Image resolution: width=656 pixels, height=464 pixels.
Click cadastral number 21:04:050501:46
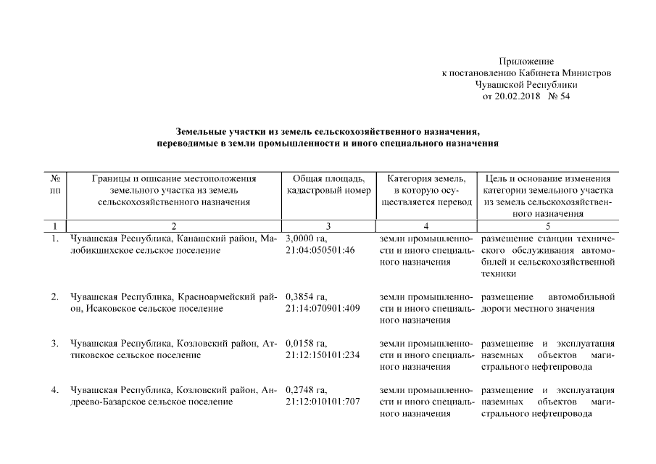(x=320, y=250)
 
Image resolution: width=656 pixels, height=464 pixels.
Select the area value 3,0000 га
(x=307, y=239)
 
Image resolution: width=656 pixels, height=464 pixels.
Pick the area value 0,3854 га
(x=307, y=297)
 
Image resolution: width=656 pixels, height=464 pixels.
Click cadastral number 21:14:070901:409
(x=323, y=309)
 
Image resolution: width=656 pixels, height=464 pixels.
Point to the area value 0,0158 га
(x=307, y=343)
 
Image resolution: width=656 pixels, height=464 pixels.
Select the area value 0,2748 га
(x=307, y=390)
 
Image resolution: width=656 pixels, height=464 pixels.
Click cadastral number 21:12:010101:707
(x=323, y=402)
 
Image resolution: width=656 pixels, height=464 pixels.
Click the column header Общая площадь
(x=324, y=178)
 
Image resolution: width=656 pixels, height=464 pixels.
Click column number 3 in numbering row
(x=328, y=226)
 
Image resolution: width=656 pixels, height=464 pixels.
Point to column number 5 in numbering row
(x=547, y=226)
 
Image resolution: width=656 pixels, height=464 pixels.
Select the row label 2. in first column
(x=55, y=297)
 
